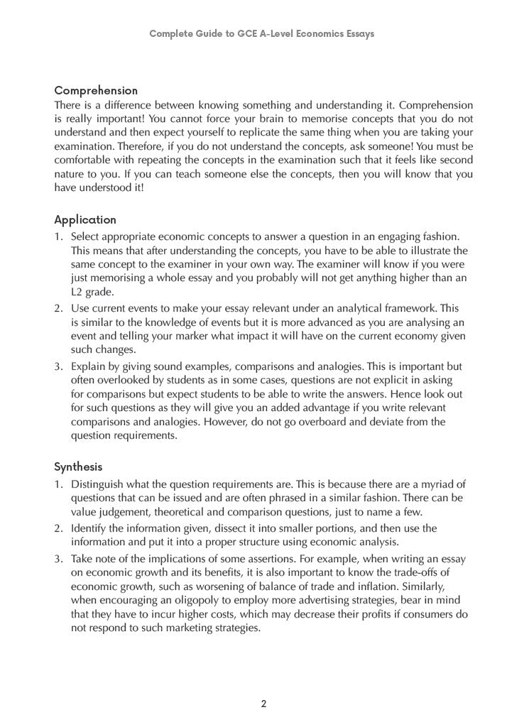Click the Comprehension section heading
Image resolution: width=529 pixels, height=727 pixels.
[x=96, y=91]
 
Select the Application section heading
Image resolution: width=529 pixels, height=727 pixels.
[x=85, y=220]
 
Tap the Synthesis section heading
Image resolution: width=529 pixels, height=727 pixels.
[x=78, y=467]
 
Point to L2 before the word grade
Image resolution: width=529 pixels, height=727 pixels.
[x=77, y=292]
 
